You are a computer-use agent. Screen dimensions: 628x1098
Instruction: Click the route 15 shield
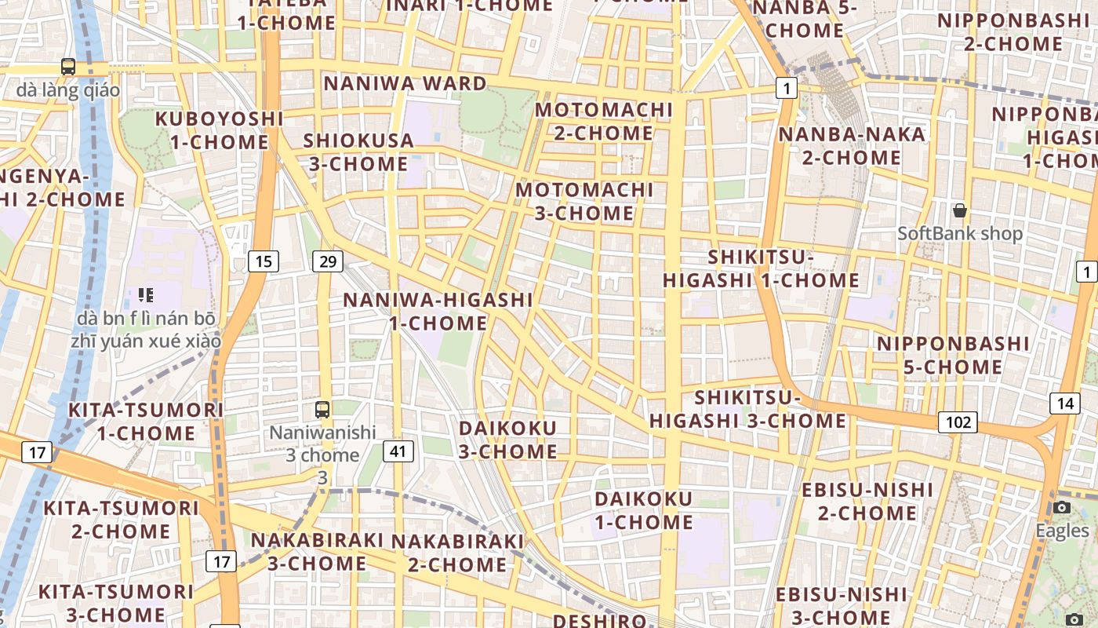[x=264, y=261]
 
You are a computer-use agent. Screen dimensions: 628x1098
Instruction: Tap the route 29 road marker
[x=327, y=261]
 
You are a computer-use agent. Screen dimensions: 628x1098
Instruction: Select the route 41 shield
[x=398, y=451]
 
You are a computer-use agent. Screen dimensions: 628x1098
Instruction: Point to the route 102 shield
[x=958, y=422]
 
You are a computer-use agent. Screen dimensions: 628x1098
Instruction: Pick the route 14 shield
[x=1064, y=403]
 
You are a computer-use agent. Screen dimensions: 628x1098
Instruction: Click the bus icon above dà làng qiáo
[x=68, y=67]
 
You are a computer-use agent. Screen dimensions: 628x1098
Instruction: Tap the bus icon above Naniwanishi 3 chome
[x=322, y=409]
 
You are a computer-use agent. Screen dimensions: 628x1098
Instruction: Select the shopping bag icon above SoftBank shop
[x=959, y=210]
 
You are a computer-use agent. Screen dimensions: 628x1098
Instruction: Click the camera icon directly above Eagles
[x=1062, y=507]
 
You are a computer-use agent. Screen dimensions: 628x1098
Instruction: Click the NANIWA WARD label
[x=405, y=83]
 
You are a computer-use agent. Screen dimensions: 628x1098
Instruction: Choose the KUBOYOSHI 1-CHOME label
[x=219, y=130]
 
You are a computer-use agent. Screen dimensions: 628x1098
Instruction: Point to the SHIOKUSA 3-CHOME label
[x=358, y=152]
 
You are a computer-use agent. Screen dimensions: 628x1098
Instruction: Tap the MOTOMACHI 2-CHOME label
[x=604, y=121]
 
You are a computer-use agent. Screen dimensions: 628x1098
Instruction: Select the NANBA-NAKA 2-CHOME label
[x=851, y=146]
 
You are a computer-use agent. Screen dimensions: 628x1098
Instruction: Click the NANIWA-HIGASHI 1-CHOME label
[x=438, y=311]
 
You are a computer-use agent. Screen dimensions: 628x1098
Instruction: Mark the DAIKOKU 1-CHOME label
[x=643, y=510]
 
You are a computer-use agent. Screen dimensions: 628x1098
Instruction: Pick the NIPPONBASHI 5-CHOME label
[x=952, y=355]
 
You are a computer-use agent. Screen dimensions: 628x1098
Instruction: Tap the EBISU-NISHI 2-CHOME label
[x=867, y=502]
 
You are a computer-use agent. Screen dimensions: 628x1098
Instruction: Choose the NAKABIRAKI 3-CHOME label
[x=317, y=552]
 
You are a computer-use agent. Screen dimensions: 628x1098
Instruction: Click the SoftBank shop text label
[x=960, y=233]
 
